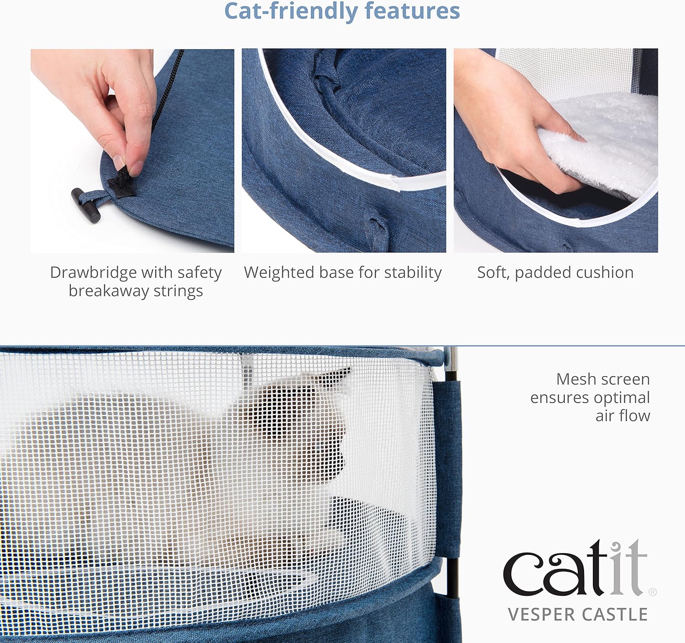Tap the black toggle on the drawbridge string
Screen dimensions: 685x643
pos(86,205)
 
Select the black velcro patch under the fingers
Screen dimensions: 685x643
pos(121,183)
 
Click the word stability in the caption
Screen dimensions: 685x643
pos(413,272)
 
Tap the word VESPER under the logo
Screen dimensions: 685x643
pos(542,615)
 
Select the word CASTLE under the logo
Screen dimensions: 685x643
pos(615,615)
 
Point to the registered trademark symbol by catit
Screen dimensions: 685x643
pos(653,592)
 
